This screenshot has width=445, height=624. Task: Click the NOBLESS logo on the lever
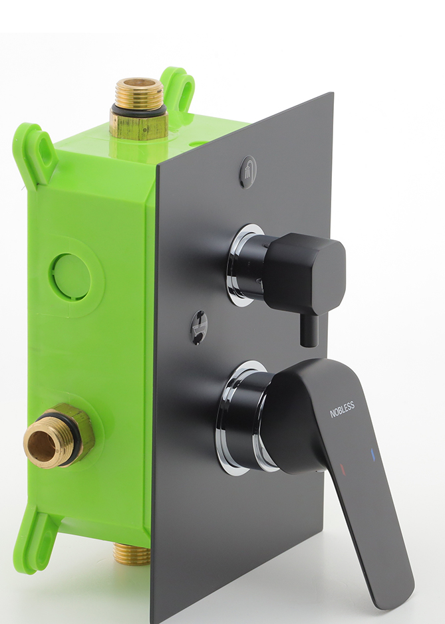(x=342, y=409)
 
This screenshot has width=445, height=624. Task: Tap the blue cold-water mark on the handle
(x=373, y=455)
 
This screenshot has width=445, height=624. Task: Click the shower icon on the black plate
(x=248, y=171)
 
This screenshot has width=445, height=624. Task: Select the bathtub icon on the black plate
(x=199, y=327)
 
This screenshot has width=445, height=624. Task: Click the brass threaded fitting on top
(x=138, y=108)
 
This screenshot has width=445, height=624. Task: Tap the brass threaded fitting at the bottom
(x=132, y=553)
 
